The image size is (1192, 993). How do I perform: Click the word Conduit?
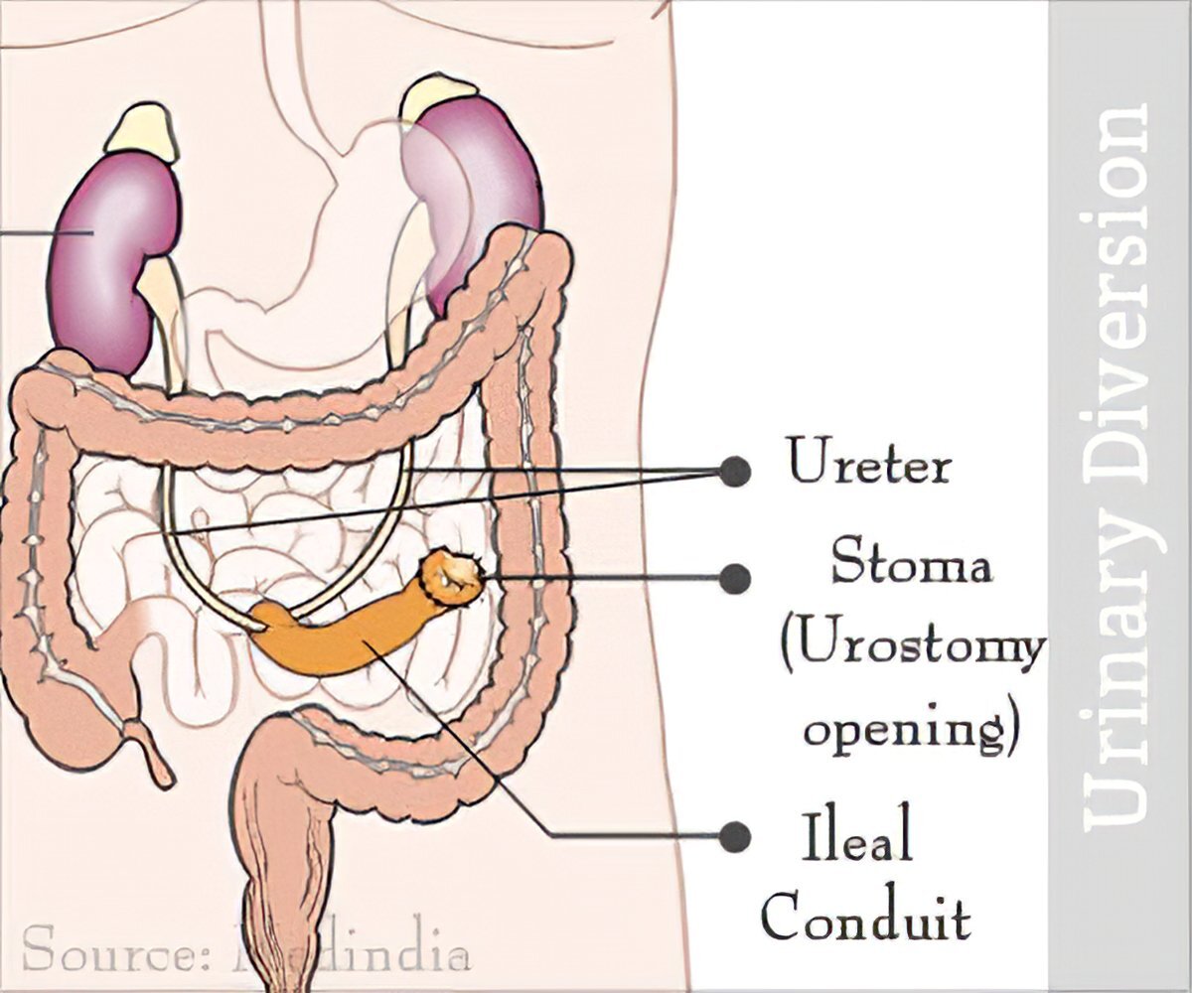(865, 919)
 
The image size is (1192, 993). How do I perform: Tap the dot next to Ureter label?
(734, 471)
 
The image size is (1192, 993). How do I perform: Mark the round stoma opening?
(454, 576)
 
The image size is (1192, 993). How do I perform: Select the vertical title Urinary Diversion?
(1120, 467)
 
